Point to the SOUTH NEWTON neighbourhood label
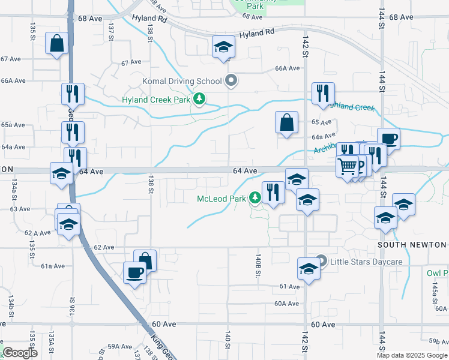click(x=412, y=245)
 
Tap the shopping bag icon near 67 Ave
click(x=56, y=44)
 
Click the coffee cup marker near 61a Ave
click(x=134, y=273)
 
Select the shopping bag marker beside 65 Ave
click(x=287, y=122)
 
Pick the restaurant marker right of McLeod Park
click(x=273, y=193)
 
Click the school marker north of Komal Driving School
click(x=223, y=47)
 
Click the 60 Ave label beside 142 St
click(x=323, y=324)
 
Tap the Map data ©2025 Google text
click(x=412, y=355)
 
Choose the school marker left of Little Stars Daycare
click(x=308, y=268)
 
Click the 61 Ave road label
click(x=289, y=287)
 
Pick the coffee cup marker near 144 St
click(x=388, y=139)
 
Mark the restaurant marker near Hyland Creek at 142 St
click(x=323, y=94)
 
